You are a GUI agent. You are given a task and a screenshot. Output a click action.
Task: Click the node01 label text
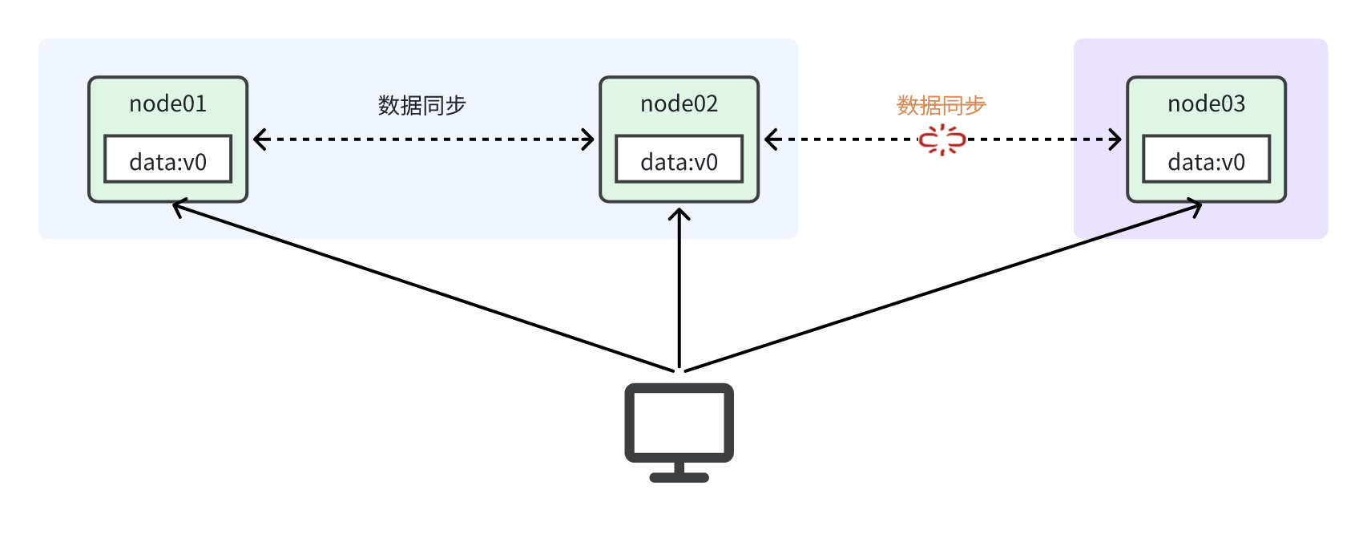pyautogui.click(x=167, y=104)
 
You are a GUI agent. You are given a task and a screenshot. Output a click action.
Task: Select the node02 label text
pyautogui.click(x=679, y=104)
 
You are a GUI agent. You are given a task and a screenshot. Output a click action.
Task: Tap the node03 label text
pyautogui.click(x=1207, y=104)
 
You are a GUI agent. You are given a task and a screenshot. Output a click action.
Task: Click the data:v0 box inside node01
pyautogui.click(x=167, y=159)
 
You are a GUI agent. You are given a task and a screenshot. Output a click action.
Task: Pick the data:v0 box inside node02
pyautogui.click(x=679, y=159)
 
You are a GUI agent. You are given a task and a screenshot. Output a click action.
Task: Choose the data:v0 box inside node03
pyautogui.click(x=1207, y=159)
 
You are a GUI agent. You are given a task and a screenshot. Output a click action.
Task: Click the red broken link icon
pyautogui.click(x=942, y=140)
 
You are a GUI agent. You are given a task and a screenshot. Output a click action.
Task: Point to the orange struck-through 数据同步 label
pyautogui.click(x=941, y=106)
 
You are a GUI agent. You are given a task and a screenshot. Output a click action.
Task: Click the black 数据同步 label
pyautogui.click(x=421, y=106)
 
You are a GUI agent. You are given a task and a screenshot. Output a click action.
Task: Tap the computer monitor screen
pyautogui.click(x=679, y=423)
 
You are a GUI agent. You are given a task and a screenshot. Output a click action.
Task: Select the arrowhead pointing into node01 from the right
pyautogui.click(x=260, y=140)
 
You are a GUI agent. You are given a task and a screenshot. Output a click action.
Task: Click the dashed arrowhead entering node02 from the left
pyautogui.click(x=587, y=140)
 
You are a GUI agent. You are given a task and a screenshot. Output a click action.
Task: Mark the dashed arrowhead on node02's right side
pyautogui.click(x=772, y=140)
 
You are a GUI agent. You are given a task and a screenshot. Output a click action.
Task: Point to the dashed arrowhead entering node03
pyautogui.click(x=1115, y=140)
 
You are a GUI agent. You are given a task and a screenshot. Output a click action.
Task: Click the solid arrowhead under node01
pyautogui.click(x=179, y=207)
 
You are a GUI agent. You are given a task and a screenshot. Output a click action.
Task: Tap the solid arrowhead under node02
pyautogui.click(x=679, y=214)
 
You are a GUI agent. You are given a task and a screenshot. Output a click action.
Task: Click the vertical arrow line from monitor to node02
pyautogui.click(x=679, y=288)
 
